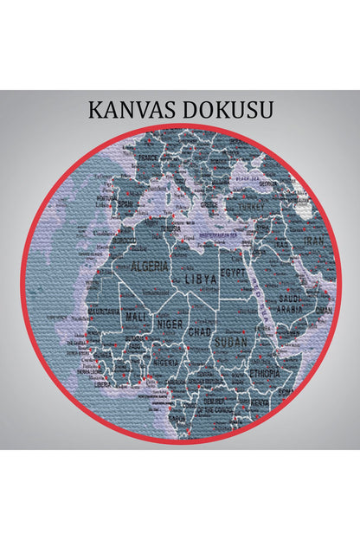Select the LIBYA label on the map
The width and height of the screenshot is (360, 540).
(x=200, y=281)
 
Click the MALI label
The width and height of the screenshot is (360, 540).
(x=133, y=317)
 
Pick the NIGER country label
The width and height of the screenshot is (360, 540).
(x=169, y=324)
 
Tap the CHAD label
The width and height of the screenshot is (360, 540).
(x=200, y=331)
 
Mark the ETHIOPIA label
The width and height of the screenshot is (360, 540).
(x=264, y=373)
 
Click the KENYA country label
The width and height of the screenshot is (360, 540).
(x=260, y=403)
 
